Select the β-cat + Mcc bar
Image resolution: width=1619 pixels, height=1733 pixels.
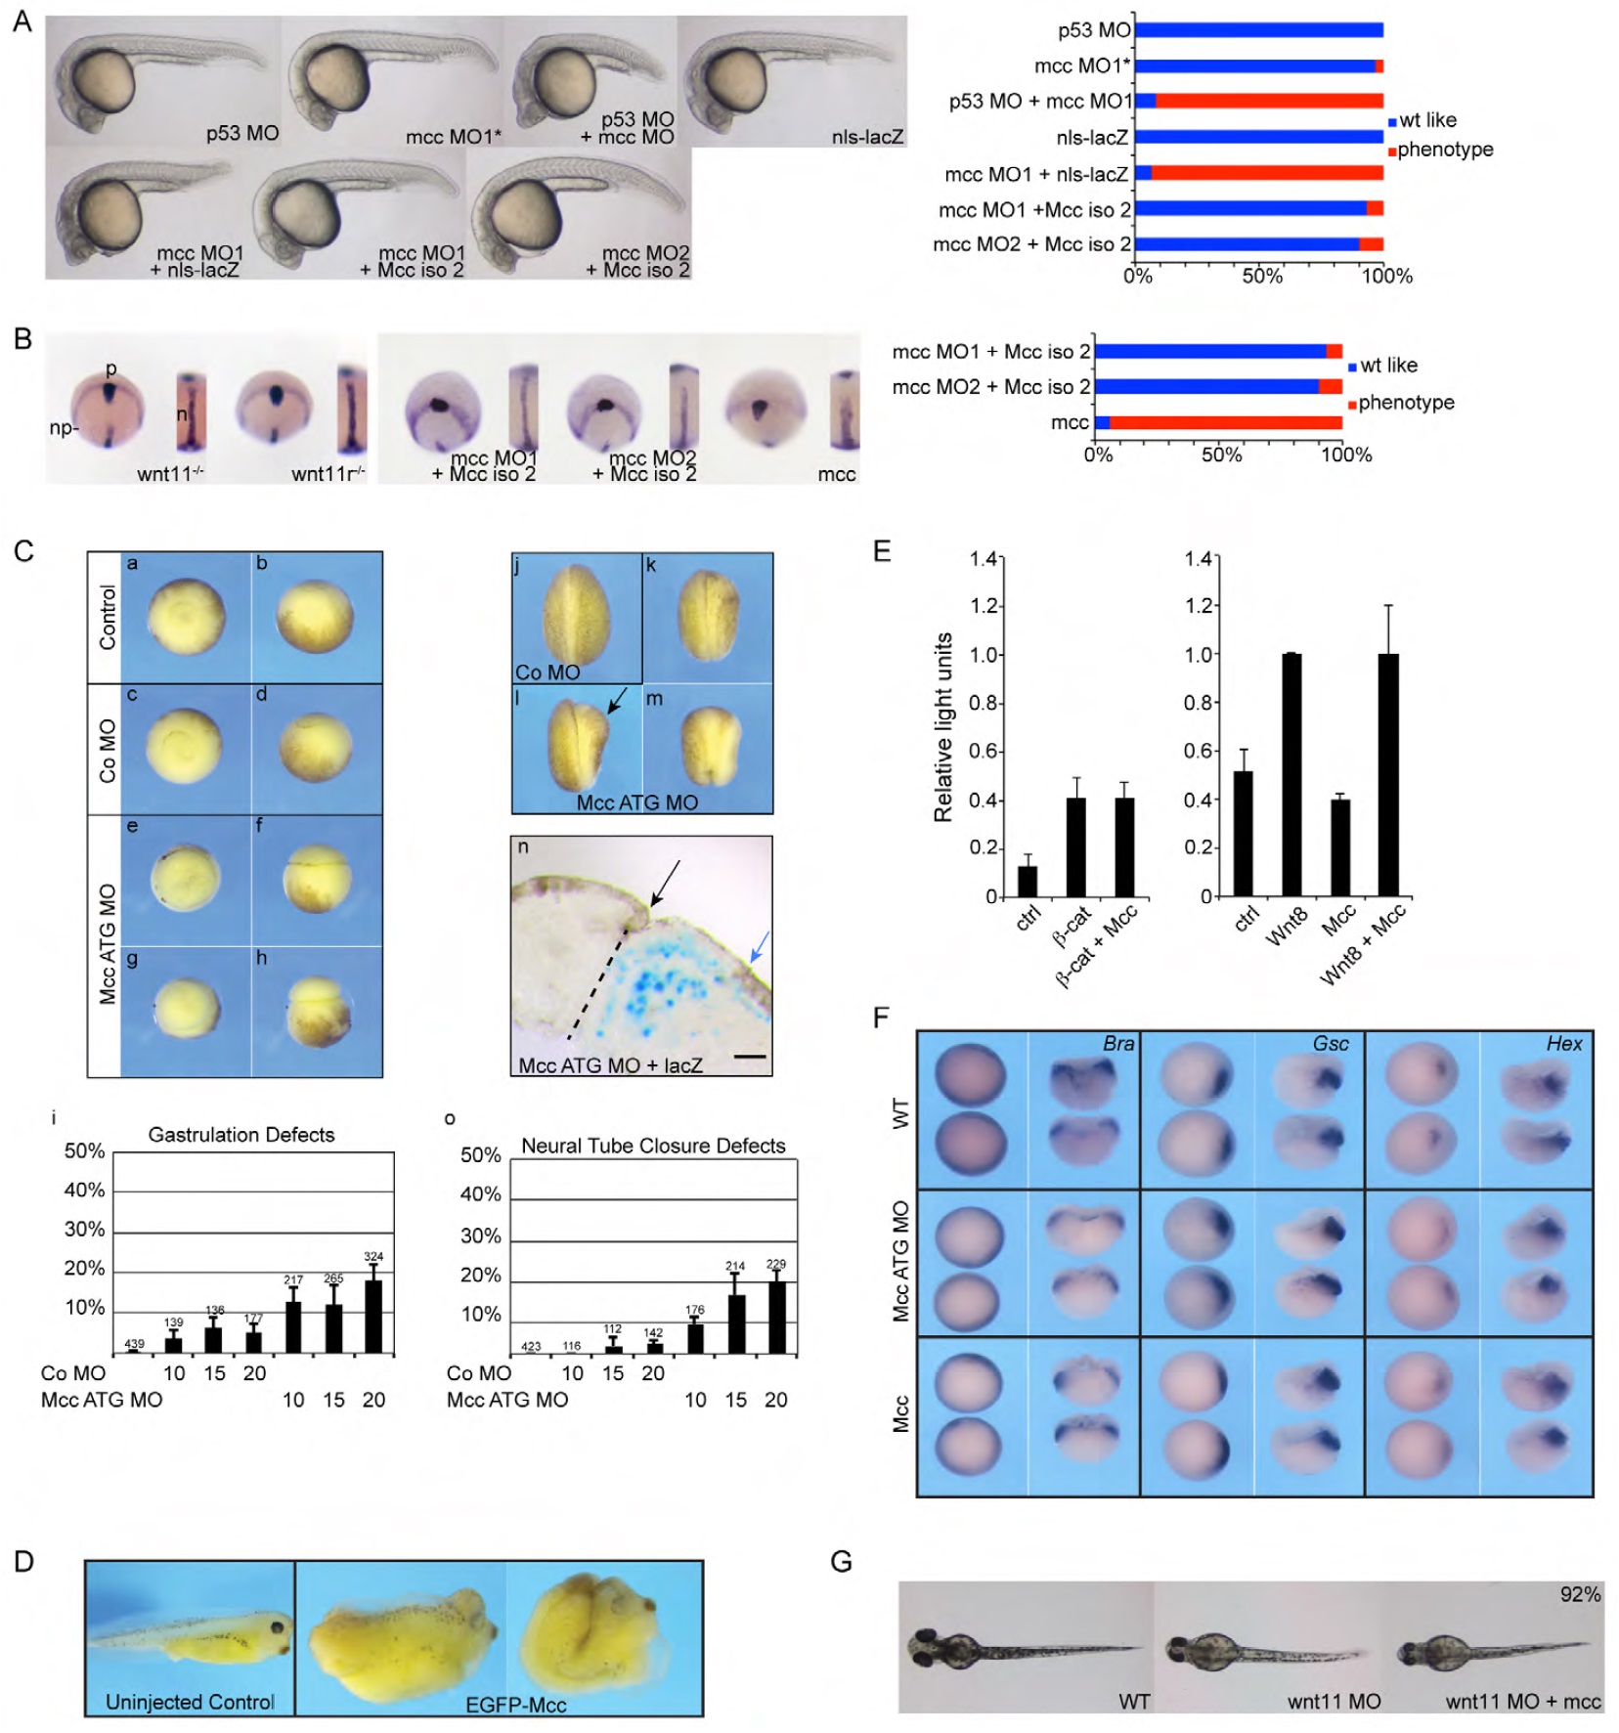click(1124, 846)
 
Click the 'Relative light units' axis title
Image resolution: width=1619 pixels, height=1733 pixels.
click(942, 727)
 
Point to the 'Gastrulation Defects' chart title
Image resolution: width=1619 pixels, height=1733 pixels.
click(241, 1134)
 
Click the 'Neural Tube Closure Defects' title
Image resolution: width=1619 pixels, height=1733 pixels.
click(653, 1146)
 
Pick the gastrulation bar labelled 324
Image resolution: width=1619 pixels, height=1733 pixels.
click(372, 1316)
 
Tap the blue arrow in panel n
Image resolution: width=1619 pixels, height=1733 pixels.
click(760, 946)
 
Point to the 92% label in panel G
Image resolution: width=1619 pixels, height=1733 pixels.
click(1580, 1594)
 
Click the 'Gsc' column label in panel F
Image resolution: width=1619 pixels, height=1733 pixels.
click(1330, 1043)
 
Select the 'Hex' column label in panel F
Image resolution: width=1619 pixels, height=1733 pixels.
click(1563, 1043)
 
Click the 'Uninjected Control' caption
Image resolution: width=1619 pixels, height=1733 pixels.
click(190, 1702)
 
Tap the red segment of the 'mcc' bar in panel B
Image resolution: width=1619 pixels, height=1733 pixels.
click(1225, 422)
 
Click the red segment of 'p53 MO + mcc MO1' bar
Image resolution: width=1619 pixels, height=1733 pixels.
click(1268, 101)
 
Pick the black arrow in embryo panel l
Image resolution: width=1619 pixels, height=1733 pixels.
click(617, 699)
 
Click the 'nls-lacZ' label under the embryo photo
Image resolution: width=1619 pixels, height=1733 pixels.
click(867, 137)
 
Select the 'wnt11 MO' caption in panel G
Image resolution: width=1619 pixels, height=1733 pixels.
click(1334, 1702)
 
